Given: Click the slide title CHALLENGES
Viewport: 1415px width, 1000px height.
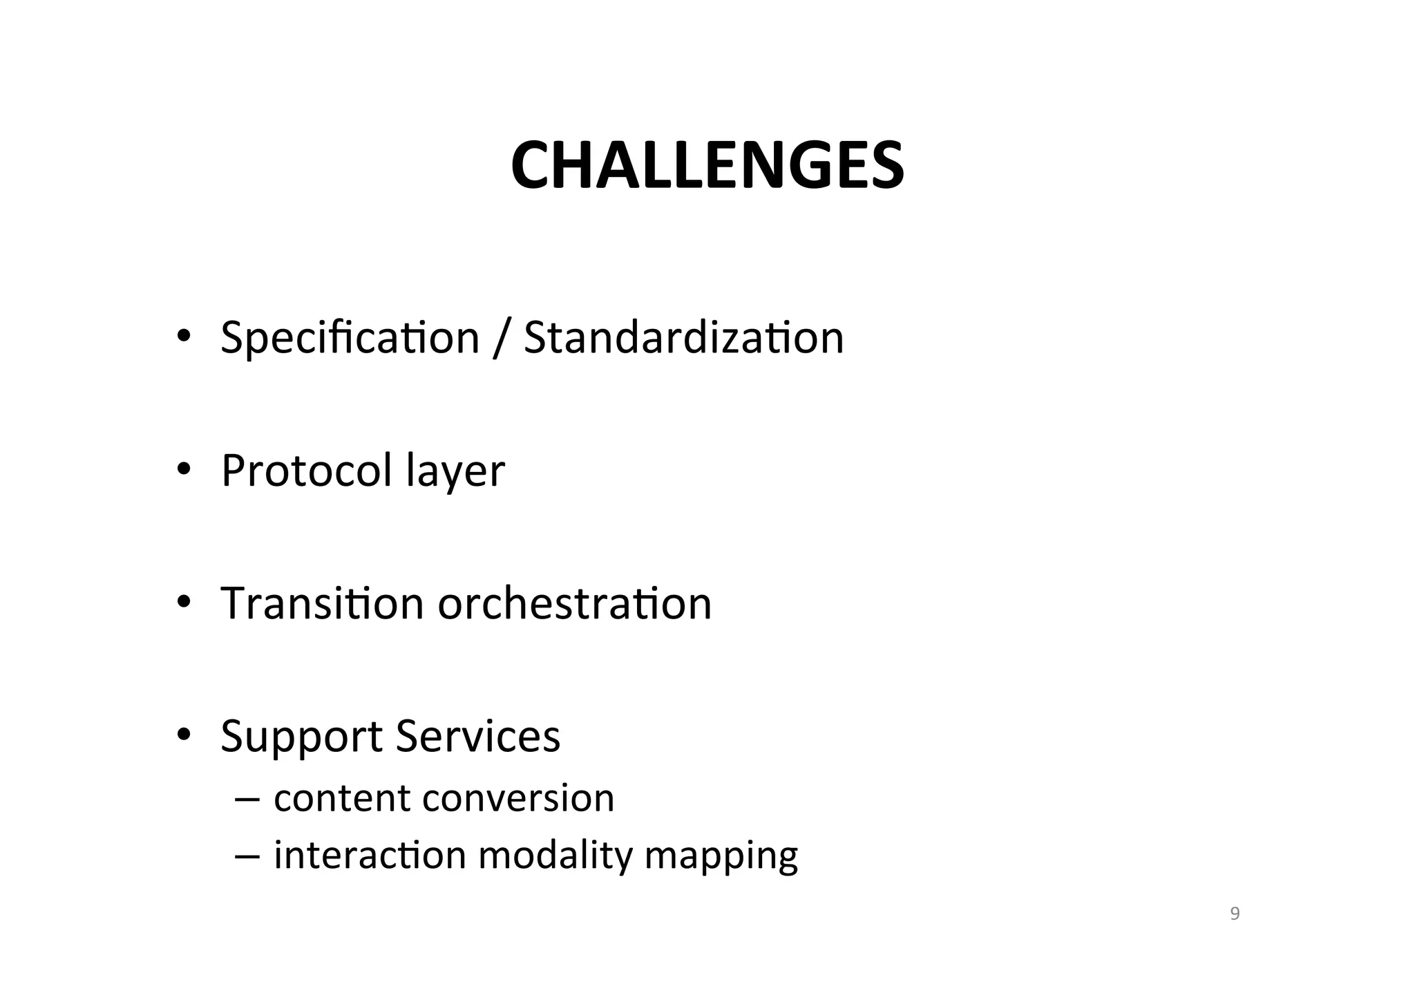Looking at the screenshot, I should [x=707, y=166].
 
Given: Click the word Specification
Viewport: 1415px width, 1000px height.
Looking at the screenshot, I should [x=350, y=338].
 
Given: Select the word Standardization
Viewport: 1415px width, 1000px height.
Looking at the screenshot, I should [x=683, y=338].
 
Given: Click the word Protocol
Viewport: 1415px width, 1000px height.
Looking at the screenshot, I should [x=306, y=471].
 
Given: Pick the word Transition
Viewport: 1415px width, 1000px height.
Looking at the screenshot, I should [x=321, y=603].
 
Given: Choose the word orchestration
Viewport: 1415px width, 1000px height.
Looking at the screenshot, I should [x=574, y=603].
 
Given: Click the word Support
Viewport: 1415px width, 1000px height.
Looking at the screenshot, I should [x=301, y=737].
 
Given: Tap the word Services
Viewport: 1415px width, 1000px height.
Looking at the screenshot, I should [x=478, y=736].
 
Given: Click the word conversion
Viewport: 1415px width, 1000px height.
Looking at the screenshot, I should [x=518, y=798].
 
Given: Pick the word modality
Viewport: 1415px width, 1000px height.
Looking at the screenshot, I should [x=555, y=856].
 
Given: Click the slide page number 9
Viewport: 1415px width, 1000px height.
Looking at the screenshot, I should [x=1235, y=914].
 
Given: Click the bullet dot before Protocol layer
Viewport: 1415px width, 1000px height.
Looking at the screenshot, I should [x=183, y=470].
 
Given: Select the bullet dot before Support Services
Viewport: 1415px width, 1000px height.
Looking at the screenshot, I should [x=183, y=735].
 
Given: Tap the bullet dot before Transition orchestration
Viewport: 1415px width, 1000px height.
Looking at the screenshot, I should [x=183, y=602].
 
